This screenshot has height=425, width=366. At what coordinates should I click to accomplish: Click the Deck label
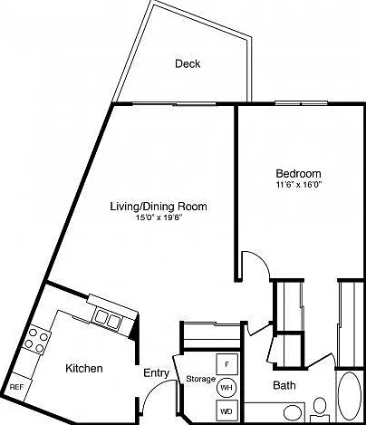pyautogui.click(x=188, y=63)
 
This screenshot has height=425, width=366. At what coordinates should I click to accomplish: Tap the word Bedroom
pyautogui.click(x=298, y=174)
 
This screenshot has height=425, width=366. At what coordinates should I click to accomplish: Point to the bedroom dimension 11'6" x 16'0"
pyautogui.click(x=298, y=185)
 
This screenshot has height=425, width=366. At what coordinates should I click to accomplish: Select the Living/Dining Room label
pyautogui.click(x=159, y=207)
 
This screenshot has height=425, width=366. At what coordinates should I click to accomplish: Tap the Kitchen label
pyautogui.click(x=84, y=369)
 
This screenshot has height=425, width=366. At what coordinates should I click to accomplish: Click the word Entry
pyautogui.click(x=156, y=373)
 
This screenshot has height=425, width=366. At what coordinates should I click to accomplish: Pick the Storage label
pyautogui.click(x=201, y=379)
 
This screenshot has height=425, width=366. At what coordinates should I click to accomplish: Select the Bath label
pyautogui.click(x=284, y=385)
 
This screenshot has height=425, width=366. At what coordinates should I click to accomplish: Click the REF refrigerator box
pyautogui.click(x=16, y=387)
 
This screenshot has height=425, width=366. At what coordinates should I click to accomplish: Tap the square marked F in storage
pyautogui.click(x=227, y=364)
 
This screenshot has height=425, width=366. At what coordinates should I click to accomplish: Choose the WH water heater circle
pyautogui.click(x=226, y=387)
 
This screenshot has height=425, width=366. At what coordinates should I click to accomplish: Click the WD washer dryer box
pyautogui.click(x=226, y=411)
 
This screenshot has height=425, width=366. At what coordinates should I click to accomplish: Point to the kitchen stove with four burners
pyautogui.click(x=36, y=341)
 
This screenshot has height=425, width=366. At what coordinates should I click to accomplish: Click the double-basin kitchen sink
pyautogui.click(x=108, y=318)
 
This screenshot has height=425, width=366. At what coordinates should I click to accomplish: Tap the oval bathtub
pyautogui.click(x=350, y=396)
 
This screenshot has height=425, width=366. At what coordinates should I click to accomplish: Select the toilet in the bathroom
pyautogui.click(x=320, y=410)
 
